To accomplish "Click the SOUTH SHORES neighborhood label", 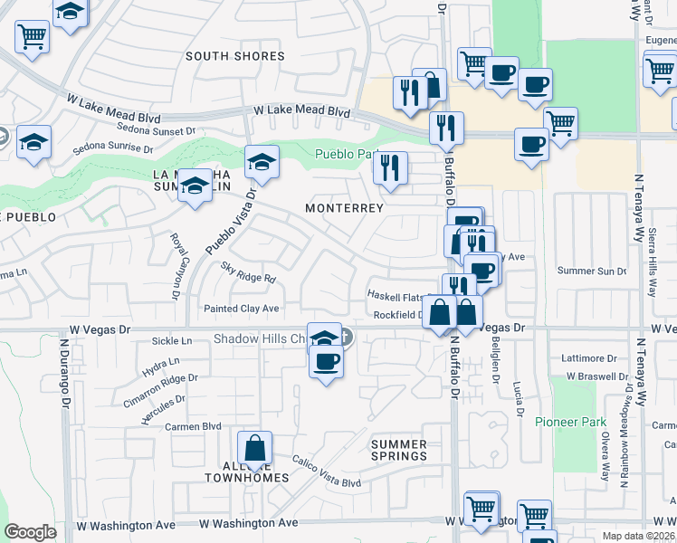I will tap(234, 56).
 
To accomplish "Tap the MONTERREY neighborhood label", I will tap(344, 208).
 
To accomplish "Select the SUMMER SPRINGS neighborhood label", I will tap(399, 450).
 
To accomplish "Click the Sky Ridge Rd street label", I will tap(247, 272).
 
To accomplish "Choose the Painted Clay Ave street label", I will tap(241, 309).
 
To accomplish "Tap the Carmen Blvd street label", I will tap(193, 426).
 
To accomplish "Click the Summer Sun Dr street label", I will tap(592, 271).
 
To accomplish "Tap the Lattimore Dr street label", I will tap(589, 358).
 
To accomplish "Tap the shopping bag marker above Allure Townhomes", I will tap(255, 448).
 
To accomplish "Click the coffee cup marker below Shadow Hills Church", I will tap(326, 362).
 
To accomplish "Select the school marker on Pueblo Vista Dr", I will tap(262, 163).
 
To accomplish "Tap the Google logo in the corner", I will tap(31, 532).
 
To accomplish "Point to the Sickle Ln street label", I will tap(173, 341).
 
